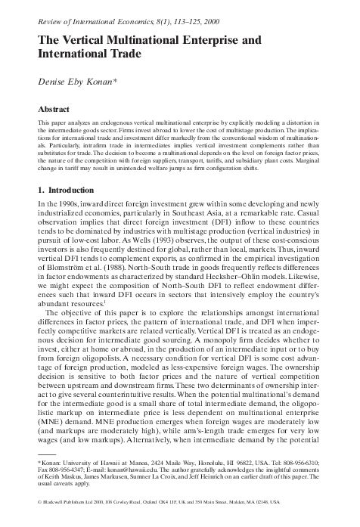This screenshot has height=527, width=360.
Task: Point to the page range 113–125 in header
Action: coord(213,8)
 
